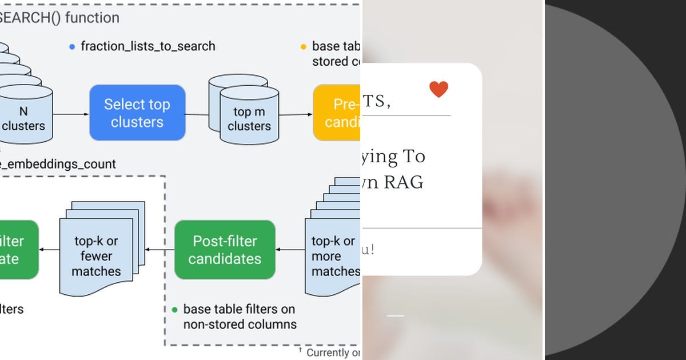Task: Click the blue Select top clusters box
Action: tap(137, 113)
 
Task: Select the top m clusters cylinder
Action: tap(249, 117)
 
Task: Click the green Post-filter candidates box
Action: tap(225, 250)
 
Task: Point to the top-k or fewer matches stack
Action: tap(100, 251)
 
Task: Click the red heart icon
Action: tap(438, 89)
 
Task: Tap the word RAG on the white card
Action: tap(403, 182)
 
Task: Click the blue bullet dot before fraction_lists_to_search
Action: tap(71, 47)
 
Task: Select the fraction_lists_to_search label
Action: tap(148, 46)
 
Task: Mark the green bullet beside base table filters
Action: tap(175, 310)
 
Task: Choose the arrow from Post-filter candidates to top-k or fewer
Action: tap(160, 249)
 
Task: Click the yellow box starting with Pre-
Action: tap(337, 113)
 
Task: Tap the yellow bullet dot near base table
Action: tap(303, 47)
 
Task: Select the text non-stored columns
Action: tap(240, 325)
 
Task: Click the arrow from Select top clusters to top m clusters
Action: tap(197, 114)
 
